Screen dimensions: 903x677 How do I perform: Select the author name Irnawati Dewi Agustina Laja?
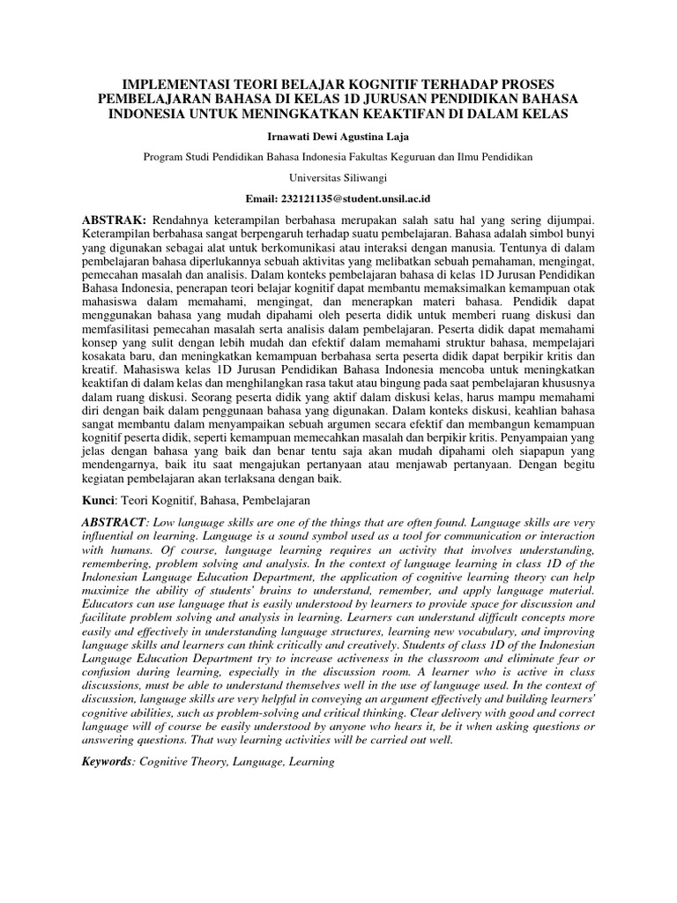(x=338, y=137)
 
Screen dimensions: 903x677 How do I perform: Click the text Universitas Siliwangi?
(x=338, y=176)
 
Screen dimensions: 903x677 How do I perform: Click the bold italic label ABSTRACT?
(x=115, y=523)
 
